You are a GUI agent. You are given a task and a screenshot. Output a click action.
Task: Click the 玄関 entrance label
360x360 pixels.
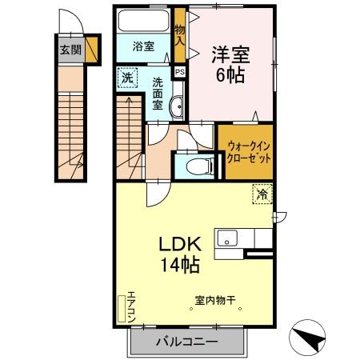tap(70, 48)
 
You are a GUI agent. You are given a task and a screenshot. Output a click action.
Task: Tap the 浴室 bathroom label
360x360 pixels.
tap(144, 46)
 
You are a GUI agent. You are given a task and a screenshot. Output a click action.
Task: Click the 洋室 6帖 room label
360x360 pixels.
tap(230, 65)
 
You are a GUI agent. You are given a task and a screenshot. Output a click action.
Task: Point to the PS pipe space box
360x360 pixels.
tap(180, 70)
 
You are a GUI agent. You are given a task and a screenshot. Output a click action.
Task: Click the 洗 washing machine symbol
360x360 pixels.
tap(126, 78)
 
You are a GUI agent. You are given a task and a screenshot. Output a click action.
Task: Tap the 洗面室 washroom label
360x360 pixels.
tap(158, 93)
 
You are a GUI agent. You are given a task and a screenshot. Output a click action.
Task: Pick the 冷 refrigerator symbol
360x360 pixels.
tap(262, 193)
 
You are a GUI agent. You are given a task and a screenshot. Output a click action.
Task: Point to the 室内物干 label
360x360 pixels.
tap(215, 302)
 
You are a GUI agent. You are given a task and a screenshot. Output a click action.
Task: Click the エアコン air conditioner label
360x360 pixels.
tap(131, 306)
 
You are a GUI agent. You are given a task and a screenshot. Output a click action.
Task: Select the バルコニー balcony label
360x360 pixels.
tap(186, 342)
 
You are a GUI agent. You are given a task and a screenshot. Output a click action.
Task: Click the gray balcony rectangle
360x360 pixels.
tap(186, 342)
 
